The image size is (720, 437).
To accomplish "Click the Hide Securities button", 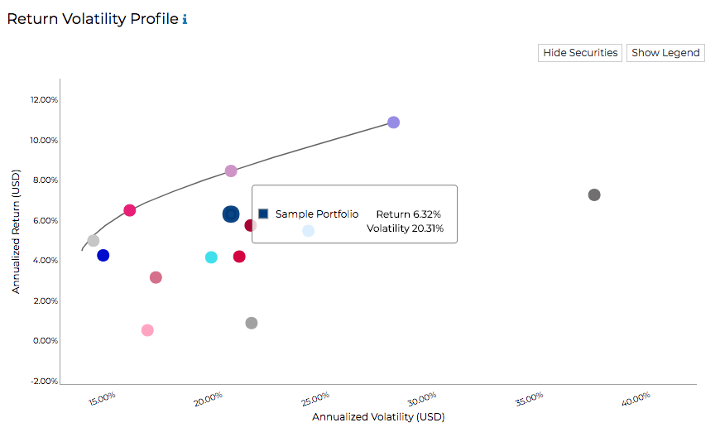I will click(x=580, y=53).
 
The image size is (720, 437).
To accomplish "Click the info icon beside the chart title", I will click(x=185, y=19).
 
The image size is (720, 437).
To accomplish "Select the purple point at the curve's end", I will click(x=394, y=122).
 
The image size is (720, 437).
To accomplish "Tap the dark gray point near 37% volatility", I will click(x=594, y=195).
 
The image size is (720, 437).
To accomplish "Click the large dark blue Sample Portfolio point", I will click(x=231, y=214).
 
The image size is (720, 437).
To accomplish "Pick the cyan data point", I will click(x=211, y=257).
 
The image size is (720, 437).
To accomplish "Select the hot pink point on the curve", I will click(x=130, y=210).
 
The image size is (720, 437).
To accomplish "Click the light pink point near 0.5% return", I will click(x=147, y=330).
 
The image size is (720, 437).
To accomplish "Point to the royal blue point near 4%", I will click(x=103, y=256).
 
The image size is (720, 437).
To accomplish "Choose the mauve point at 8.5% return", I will click(x=231, y=171).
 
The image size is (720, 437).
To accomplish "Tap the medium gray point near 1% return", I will click(x=252, y=323).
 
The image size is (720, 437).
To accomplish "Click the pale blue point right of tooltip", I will click(x=309, y=231).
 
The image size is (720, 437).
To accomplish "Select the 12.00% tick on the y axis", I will click(x=44, y=100).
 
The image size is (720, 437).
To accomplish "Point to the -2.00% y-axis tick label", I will click(x=44, y=382).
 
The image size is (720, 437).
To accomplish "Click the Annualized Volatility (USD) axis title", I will click(x=378, y=417).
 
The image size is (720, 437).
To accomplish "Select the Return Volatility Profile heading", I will click(x=92, y=19).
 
